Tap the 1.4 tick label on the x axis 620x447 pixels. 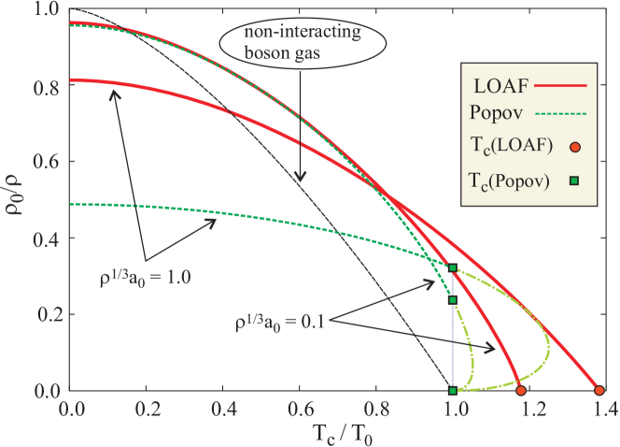click(x=599, y=409)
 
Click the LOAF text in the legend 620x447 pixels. click(x=500, y=85)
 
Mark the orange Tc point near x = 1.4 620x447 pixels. click(x=599, y=390)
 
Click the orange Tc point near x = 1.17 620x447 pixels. click(x=521, y=390)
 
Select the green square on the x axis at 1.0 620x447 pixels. click(x=453, y=390)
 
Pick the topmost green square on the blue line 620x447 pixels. click(x=453, y=268)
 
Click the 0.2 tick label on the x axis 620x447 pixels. click(x=145, y=409)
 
